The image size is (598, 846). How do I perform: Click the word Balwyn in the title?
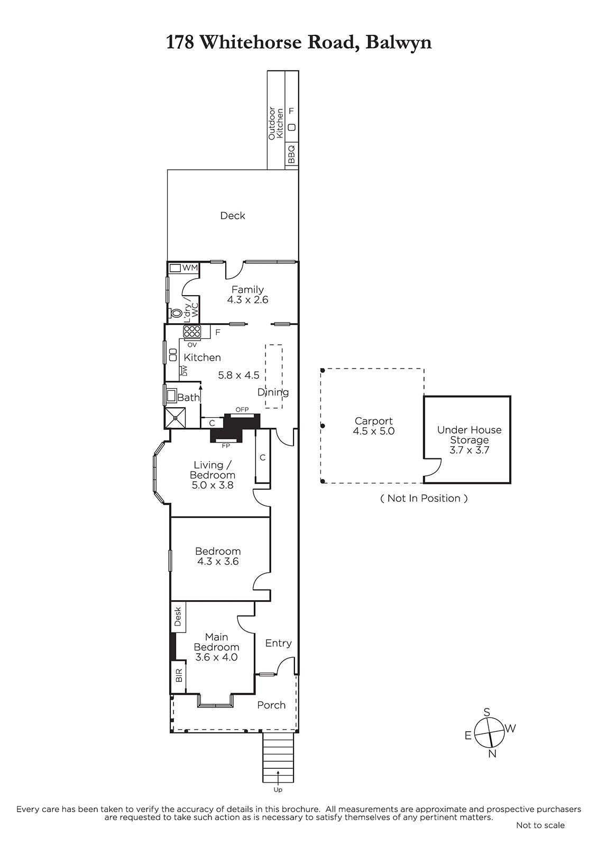tap(399, 43)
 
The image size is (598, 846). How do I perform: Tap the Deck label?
tap(233, 216)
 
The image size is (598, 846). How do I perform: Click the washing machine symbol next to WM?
tap(175, 268)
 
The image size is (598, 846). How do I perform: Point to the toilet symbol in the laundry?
tap(176, 313)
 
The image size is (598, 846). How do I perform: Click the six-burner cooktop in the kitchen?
tap(192, 332)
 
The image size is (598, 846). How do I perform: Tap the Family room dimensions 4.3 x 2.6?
tap(247, 300)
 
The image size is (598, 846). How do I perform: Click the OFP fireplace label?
tap(242, 409)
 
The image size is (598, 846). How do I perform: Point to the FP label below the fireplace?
tap(226, 446)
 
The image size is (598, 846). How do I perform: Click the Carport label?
tap(374, 421)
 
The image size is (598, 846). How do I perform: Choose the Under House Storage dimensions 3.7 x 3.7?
tap(469, 450)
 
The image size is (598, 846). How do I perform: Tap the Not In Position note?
tap(424, 498)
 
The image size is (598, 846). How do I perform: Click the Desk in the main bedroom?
tap(178, 616)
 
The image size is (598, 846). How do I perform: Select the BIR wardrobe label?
tap(179, 675)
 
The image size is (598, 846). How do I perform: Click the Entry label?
tap(279, 643)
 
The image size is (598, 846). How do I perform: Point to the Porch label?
tap(271, 705)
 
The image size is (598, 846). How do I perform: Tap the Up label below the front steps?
tap(278, 789)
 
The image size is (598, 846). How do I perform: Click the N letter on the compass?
tap(492, 753)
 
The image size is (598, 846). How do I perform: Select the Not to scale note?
tap(540, 825)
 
